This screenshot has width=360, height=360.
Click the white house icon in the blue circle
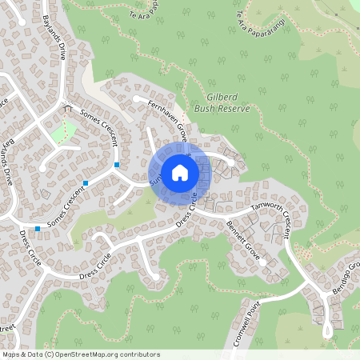click(x=180, y=172)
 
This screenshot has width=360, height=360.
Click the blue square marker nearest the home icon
click(x=117, y=165)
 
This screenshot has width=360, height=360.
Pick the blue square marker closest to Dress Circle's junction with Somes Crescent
click(x=38, y=229)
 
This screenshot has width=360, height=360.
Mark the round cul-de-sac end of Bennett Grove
click(x=285, y=261)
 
